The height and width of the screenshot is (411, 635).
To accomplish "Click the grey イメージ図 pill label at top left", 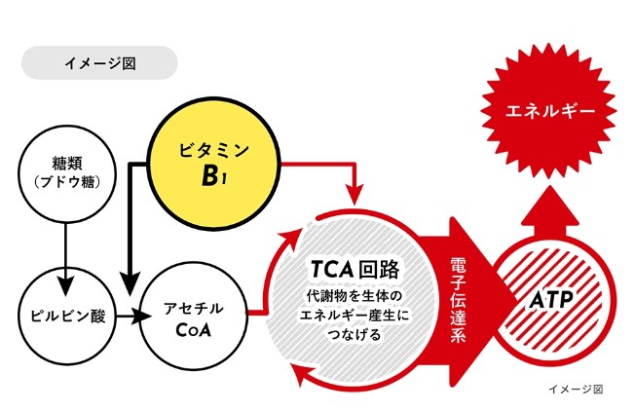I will [99, 63].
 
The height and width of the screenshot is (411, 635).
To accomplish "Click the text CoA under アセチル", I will [194, 326].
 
